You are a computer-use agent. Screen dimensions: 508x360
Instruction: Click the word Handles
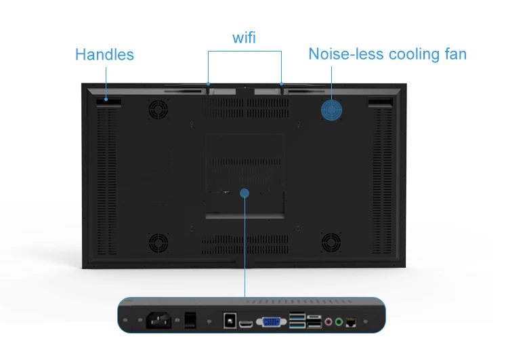tap(104, 54)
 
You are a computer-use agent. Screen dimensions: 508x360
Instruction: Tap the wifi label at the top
tap(244, 38)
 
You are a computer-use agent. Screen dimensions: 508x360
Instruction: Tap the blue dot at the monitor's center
tap(245, 193)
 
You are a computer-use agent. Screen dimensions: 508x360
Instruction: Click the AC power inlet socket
tap(156, 319)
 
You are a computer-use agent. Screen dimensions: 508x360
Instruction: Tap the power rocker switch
tap(191, 318)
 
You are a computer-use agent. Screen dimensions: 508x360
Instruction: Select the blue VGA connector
tap(272, 320)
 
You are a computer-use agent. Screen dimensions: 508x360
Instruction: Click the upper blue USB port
tap(296, 316)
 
